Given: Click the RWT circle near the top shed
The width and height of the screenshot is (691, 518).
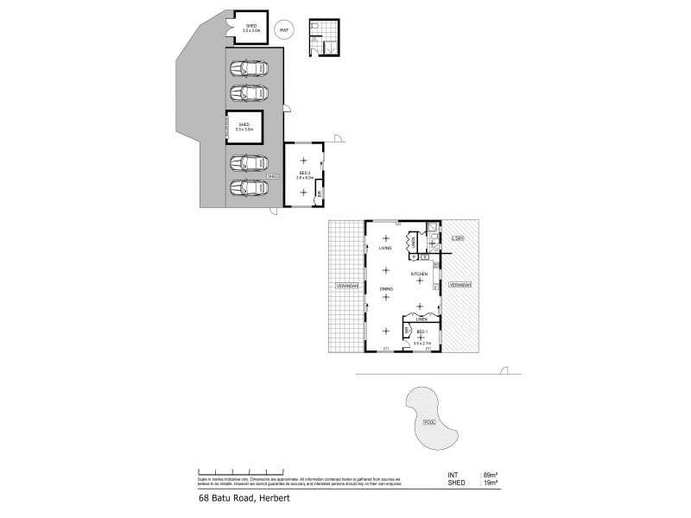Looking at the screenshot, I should [282, 32].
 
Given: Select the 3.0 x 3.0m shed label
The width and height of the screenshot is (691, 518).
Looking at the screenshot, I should [250, 28].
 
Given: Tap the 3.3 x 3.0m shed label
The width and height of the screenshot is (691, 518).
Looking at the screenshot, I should [244, 127].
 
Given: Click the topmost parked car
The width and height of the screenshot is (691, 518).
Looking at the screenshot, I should [249, 68].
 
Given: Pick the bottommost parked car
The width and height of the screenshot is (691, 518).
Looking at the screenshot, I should [249, 186].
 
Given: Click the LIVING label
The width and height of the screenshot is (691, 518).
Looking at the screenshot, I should [385, 248].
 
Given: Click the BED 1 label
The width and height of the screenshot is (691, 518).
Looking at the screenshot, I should [422, 333].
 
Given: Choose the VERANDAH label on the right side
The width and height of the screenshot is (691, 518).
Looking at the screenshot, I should [460, 284].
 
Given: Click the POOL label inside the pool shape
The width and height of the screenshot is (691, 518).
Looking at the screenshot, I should [429, 422].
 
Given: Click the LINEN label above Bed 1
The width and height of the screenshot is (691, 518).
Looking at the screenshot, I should [421, 319].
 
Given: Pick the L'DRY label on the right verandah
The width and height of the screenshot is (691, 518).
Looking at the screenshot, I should [459, 237].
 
